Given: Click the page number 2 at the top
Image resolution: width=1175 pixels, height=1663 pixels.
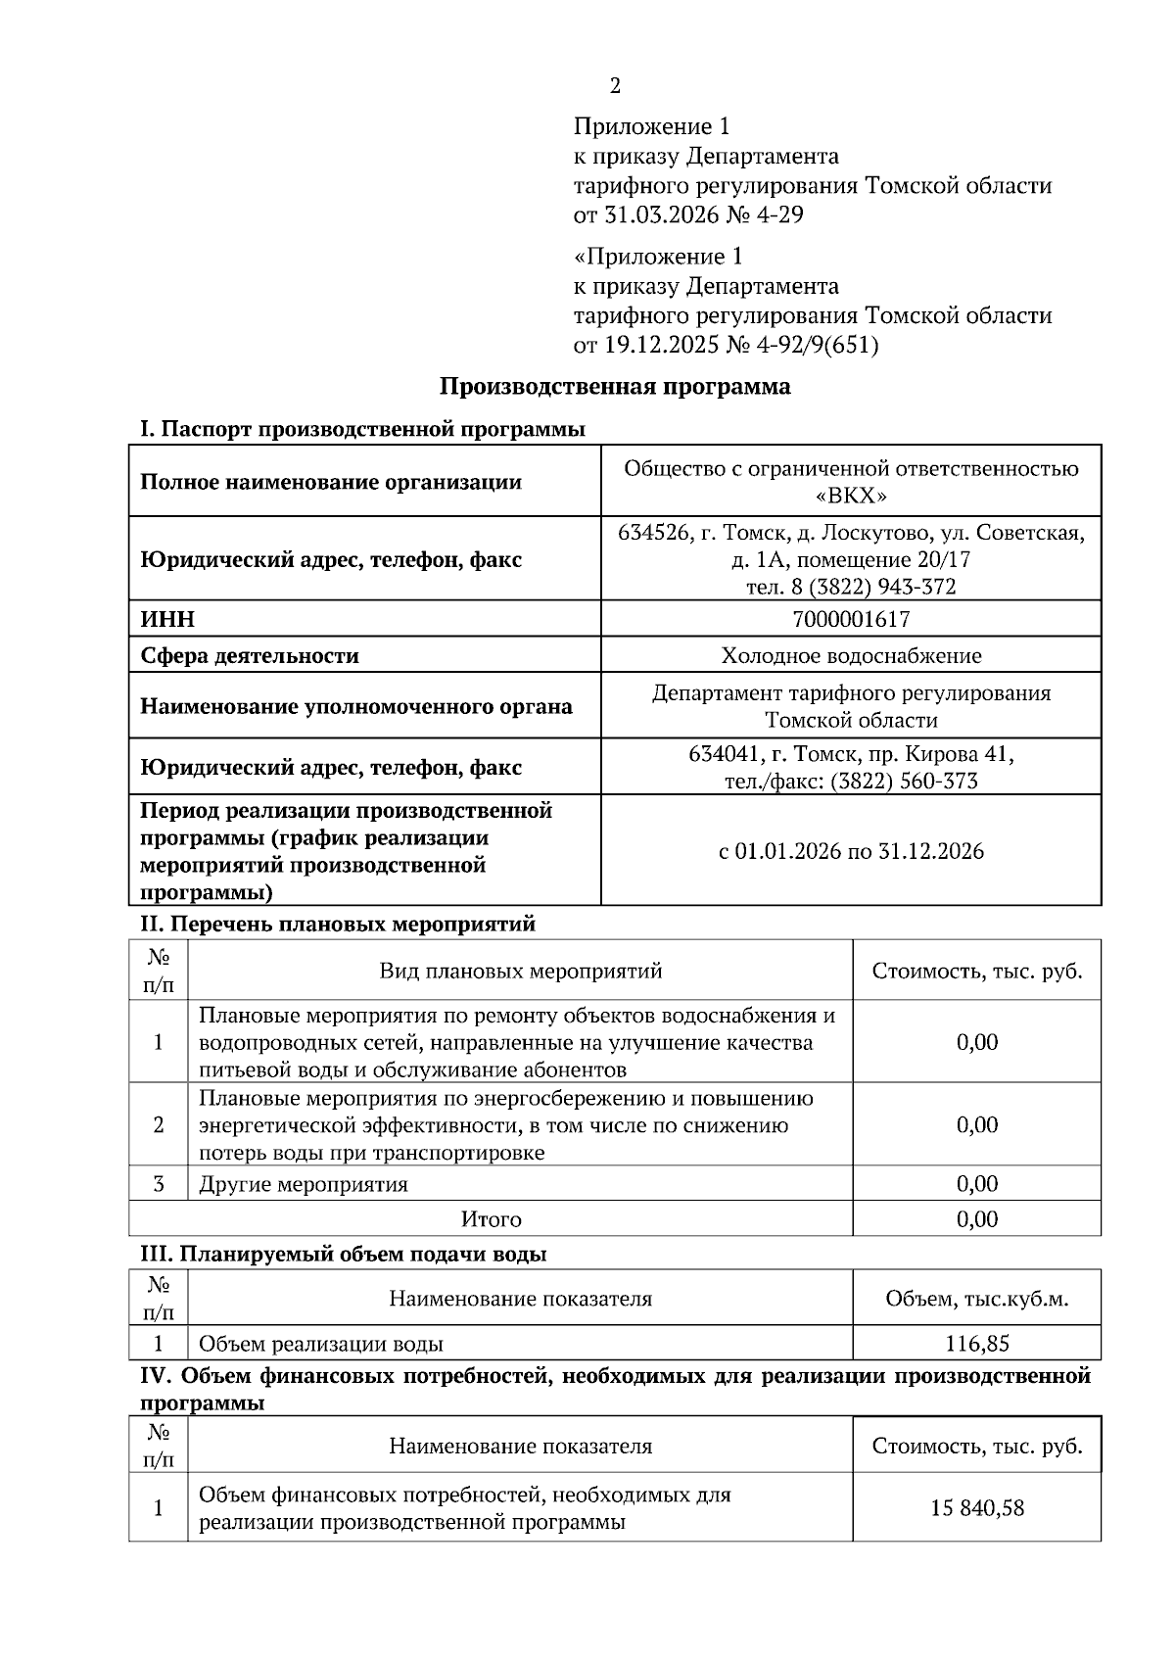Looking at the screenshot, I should [x=615, y=86].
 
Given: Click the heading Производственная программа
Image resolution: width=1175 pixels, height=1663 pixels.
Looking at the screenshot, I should [x=614, y=386].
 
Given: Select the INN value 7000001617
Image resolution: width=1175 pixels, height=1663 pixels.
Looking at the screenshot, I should [x=850, y=619].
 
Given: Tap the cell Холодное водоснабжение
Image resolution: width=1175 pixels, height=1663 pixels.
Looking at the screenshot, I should [x=850, y=655].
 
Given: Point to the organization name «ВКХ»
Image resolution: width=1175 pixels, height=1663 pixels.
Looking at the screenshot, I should [x=850, y=496].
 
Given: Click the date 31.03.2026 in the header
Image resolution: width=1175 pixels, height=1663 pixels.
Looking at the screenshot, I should [x=653, y=214].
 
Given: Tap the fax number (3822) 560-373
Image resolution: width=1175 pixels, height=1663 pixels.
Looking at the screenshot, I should [x=903, y=781].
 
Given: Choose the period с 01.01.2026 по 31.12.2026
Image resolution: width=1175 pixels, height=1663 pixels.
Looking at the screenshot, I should [x=850, y=850].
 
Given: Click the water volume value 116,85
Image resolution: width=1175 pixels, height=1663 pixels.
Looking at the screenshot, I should [x=976, y=1344].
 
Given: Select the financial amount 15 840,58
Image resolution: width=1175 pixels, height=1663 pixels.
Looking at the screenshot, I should [x=976, y=1507].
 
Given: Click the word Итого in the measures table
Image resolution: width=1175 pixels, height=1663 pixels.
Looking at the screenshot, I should [x=491, y=1219].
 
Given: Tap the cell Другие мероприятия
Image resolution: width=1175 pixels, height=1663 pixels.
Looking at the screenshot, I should [x=304, y=1184].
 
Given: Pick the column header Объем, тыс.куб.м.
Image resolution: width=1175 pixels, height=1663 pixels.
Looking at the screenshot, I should [x=976, y=1299].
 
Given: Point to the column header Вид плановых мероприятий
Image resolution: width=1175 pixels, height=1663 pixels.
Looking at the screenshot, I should [x=520, y=971].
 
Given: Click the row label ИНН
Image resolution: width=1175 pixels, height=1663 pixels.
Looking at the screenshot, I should [x=167, y=619].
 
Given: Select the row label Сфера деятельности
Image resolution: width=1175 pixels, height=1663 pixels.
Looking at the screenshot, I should [x=250, y=655].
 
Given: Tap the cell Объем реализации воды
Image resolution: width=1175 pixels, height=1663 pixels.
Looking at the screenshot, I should [x=321, y=1344].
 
